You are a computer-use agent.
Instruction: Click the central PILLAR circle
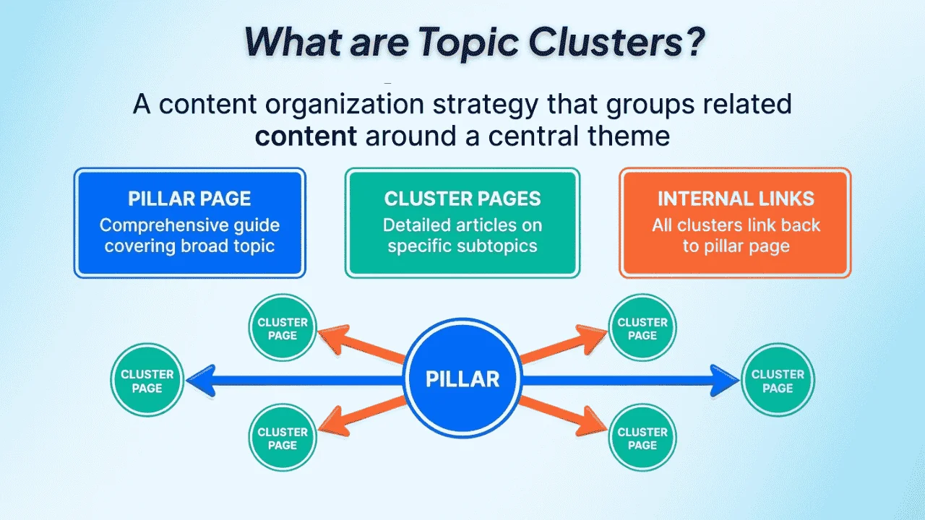(x=462, y=379)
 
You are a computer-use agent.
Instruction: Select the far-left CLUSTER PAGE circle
(x=147, y=381)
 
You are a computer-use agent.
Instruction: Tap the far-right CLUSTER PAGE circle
(x=778, y=381)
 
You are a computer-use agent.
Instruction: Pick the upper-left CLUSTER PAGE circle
(x=283, y=329)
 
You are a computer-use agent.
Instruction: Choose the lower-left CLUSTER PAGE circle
(x=283, y=438)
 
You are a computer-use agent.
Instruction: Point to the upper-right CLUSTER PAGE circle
(x=642, y=329)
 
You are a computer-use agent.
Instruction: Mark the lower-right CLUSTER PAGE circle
(x=642, y=438)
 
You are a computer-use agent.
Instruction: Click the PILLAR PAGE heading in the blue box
(x=189, y=199)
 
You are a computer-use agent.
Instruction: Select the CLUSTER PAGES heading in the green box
(x=462, y=199)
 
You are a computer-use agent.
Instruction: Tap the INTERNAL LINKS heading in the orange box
(x=736, y=199)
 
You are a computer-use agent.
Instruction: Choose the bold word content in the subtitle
(x=306, y=136)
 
